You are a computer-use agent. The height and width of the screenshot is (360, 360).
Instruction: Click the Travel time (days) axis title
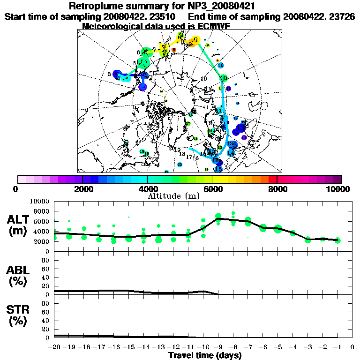point(205,355)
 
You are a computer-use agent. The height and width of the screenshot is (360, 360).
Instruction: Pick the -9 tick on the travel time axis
point(218,347)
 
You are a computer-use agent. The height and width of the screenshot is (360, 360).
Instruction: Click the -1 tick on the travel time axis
point(337,347)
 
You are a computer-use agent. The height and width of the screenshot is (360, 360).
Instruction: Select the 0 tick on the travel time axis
point(352,347)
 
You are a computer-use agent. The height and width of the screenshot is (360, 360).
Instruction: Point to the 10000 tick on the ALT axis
point(40,201)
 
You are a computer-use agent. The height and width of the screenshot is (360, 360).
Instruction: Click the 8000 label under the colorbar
point(277,189)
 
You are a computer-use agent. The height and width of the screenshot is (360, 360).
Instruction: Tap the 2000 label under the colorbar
point(82,189)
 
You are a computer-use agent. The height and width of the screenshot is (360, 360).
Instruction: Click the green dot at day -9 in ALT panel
point(218,217)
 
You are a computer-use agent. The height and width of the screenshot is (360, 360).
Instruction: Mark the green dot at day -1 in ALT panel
point(337,240)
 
